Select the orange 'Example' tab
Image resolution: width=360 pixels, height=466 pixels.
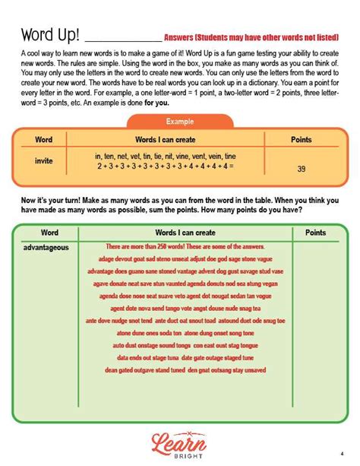pos(179,122)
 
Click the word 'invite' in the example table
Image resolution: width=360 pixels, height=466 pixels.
pos(44,160)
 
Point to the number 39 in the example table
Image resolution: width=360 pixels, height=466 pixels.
pos(301,170)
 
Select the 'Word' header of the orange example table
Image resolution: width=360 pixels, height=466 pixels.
pos(44,140)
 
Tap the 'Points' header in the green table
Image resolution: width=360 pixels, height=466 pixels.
pos(315,232)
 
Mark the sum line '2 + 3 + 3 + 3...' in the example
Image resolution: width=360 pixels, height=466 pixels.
pos(165,166)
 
